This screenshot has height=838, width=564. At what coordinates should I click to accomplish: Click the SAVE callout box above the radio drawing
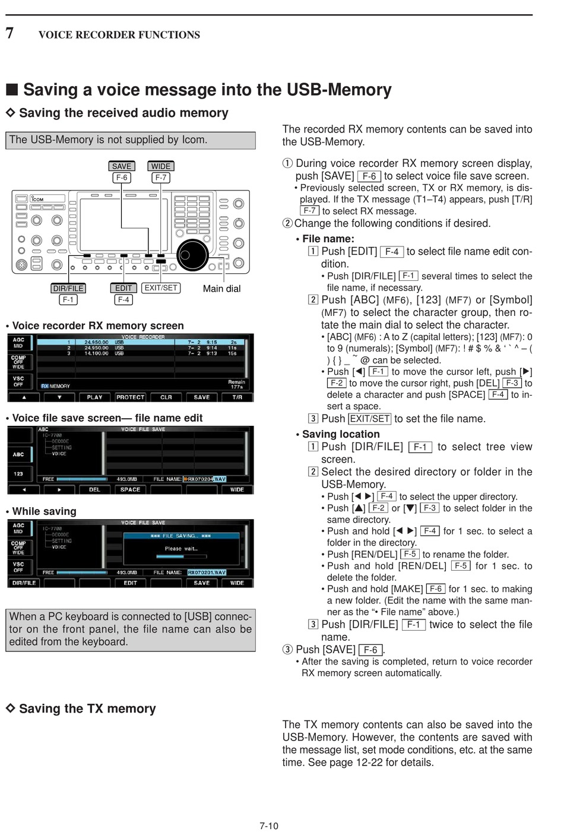(x=122, y=166)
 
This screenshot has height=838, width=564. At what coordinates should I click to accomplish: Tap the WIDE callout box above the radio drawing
(x=160, y=166)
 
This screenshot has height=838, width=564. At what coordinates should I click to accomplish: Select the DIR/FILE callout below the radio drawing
(x=68, y=288)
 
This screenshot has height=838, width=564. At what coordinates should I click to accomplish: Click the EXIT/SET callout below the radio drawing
(x=161, y=287)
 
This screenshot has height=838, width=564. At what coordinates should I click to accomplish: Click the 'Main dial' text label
(x=221, y=289)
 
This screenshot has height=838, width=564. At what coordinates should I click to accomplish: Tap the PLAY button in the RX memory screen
(x=94, y=397)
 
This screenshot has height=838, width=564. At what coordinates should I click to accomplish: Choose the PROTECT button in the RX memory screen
(x=131, y=397)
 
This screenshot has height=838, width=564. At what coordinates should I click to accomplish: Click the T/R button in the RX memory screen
(x=237, y=397)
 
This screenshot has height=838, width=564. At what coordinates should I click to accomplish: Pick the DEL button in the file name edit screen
(x=94, y=490)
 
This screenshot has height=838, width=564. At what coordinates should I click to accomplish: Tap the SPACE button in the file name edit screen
(x=130, y=490)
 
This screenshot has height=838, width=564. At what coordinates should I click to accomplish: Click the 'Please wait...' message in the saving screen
(x=181, y=549)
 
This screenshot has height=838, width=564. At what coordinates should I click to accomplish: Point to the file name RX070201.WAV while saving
(x=207, y=573)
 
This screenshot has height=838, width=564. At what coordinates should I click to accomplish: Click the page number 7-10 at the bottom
(x=268, y=826)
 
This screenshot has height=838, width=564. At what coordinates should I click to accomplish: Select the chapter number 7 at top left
(x=9, y=33)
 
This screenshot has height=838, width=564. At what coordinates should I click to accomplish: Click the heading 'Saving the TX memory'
(x=87, y=709)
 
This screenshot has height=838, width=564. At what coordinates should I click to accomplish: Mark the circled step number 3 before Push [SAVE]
(x=287, y=650)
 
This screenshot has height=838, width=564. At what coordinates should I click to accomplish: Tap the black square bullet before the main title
(x=12, y=90)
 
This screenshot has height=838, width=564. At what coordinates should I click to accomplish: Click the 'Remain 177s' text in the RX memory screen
(x=236, y=384)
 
